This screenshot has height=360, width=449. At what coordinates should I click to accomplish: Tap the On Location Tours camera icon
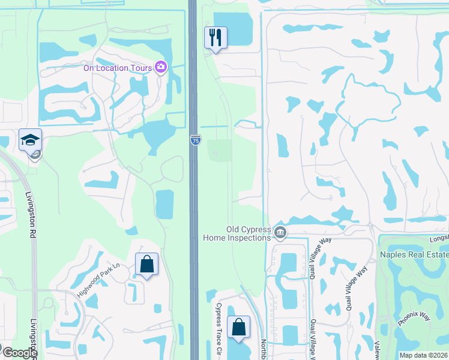[161, 67]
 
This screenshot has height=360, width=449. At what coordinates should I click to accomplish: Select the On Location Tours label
[118, 68]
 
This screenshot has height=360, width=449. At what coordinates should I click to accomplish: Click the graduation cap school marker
[30, 140]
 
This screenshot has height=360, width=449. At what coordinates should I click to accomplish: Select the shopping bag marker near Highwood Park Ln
[146, 265]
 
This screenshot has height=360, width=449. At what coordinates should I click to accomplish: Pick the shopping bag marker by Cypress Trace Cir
[238, 327]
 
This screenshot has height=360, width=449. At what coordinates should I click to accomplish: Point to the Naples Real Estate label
[414, 254]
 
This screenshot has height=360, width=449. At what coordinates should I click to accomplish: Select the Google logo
[20, 352]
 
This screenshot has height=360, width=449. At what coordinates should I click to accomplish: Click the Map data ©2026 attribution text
[424, 355]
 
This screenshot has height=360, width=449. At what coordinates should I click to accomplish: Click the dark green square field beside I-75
[220, 150]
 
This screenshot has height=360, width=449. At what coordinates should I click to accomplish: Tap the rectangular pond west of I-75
[164, 204]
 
